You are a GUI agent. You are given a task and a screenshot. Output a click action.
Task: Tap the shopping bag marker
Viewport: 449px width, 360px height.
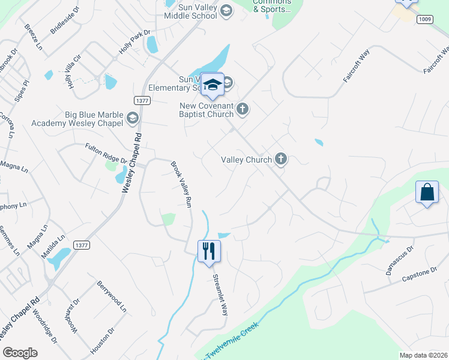(x=427, y=193)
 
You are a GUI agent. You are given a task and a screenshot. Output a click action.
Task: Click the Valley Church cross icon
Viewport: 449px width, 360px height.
(x=280, y=159)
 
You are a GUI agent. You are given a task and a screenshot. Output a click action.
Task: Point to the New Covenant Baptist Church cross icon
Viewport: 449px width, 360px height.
(x=243, y=109)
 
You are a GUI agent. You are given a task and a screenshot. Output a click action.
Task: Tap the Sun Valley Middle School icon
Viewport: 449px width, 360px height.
(x=226, y=11)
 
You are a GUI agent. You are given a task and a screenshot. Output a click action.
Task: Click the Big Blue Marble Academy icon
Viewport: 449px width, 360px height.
(x=132, y=119)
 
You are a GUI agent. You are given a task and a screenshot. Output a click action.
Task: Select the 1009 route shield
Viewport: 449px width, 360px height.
(x=425, y=19)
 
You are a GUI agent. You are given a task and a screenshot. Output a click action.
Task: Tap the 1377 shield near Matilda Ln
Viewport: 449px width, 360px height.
(x=81, y=245)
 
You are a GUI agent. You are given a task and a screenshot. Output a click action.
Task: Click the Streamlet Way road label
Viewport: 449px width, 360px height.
(x=221, y=295)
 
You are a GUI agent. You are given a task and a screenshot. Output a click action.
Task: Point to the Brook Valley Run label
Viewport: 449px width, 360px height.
(x=181, y=184)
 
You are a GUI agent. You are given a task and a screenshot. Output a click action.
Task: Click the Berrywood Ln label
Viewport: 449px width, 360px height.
(x=112, y=298)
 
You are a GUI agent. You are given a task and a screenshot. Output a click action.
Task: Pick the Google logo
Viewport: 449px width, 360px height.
(x=20, y=353)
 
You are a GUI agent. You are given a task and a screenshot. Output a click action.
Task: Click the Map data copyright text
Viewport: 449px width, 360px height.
(x=424, y=355)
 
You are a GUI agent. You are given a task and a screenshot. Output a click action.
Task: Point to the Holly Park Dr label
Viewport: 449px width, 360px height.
(x=134, y=42)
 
